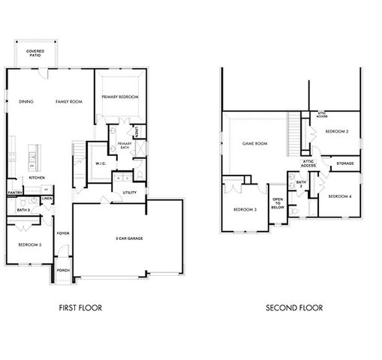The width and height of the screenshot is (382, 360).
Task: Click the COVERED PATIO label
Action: [x=35, y=53]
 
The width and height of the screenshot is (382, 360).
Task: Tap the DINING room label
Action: [x=26, y=100]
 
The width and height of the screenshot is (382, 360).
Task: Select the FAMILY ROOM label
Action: [x=68, y=100]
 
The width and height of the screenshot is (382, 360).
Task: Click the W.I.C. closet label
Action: [x=100, y=163]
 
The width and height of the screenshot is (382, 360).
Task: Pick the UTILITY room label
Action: [x=129, y=193]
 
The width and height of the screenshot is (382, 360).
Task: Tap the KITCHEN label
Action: [x=37, y=178]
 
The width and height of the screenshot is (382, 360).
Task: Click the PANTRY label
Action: [x=15, y=193]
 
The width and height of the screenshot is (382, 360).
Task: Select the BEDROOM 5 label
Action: [x=29, y=244]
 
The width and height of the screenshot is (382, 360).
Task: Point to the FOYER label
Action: [x=63, y=233]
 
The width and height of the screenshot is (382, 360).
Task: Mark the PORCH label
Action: [x=63, y=270]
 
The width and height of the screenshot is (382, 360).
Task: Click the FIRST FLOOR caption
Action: [x=80, y=307]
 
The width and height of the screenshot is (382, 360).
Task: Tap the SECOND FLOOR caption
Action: [x=295, y=307]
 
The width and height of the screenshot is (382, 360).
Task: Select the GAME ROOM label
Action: [x=254, y=143]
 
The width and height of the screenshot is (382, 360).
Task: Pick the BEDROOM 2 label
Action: [x=337, y=131]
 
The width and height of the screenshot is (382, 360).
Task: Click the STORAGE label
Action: [x=344, y=163]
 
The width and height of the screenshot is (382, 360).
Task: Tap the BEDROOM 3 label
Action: [x=245, y=209]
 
